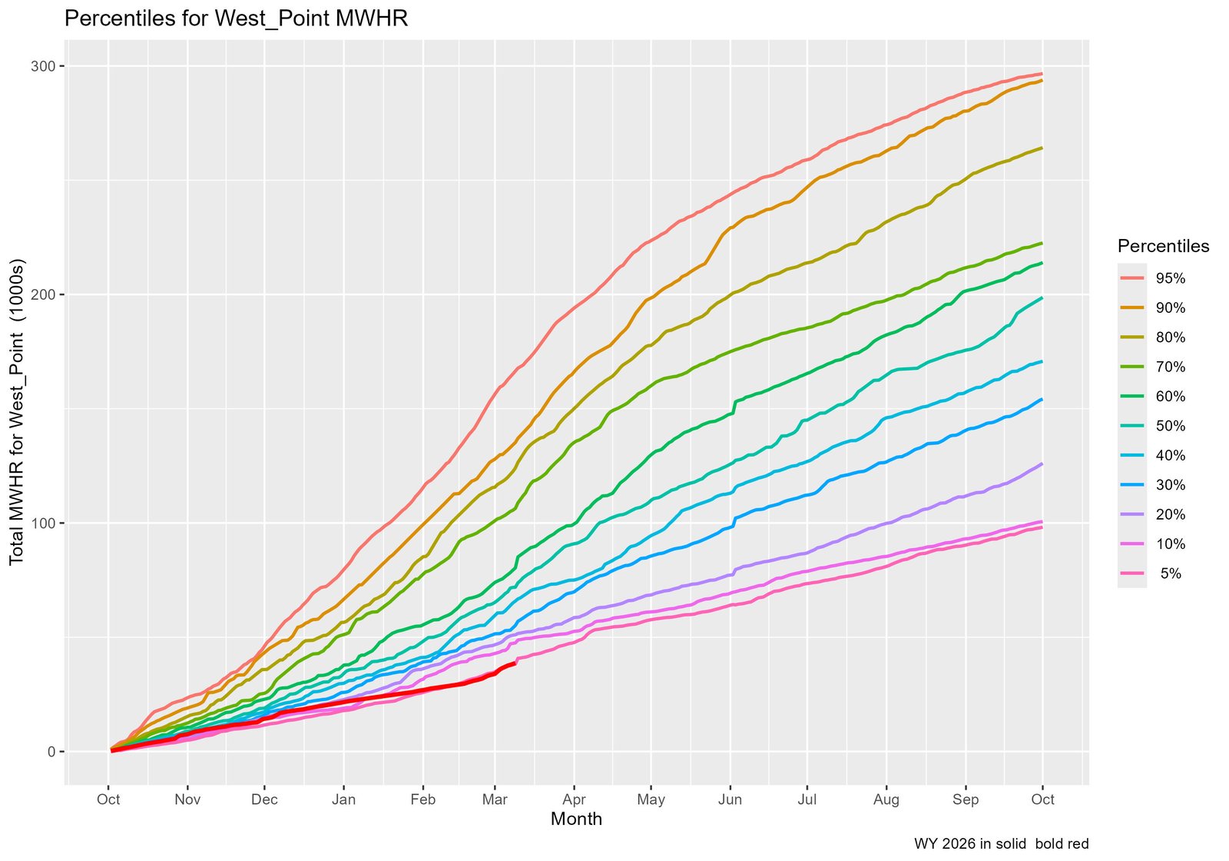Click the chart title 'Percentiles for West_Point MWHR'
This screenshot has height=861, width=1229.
tap(236, 18)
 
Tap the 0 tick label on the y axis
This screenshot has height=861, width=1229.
tap(52, 752)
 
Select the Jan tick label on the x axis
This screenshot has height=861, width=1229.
tap(343, 799)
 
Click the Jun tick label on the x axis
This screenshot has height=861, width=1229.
tap(730, 799)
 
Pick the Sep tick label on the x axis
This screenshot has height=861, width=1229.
tap(966, 799)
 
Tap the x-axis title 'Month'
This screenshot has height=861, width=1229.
tap(576, 819)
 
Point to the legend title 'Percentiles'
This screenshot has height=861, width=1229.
tap(1163, 246)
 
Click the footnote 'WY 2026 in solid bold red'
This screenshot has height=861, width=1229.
tap(1001, 844)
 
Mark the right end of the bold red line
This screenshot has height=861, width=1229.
tap(514, 663)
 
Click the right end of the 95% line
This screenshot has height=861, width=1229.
tap(1042, 74)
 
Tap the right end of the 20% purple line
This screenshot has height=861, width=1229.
tap(1042, 464)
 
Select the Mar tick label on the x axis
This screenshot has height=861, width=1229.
tap(495, 799)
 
